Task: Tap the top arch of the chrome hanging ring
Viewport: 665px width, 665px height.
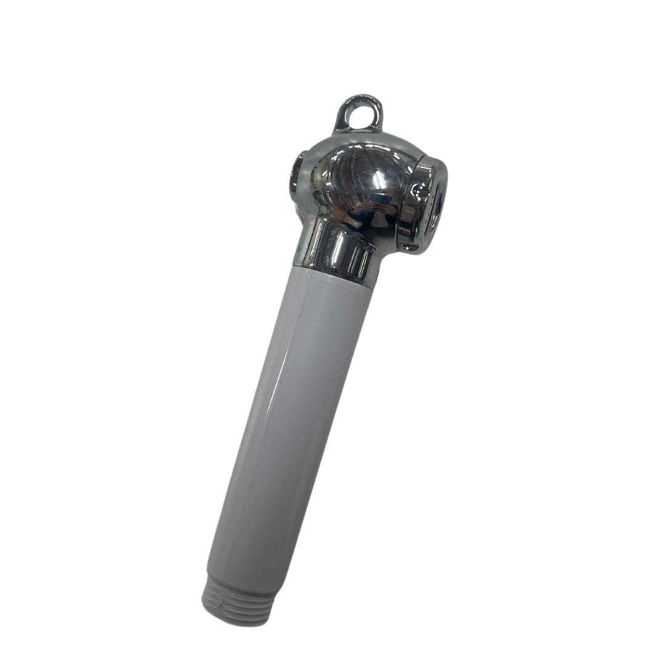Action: tap(360, 99)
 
